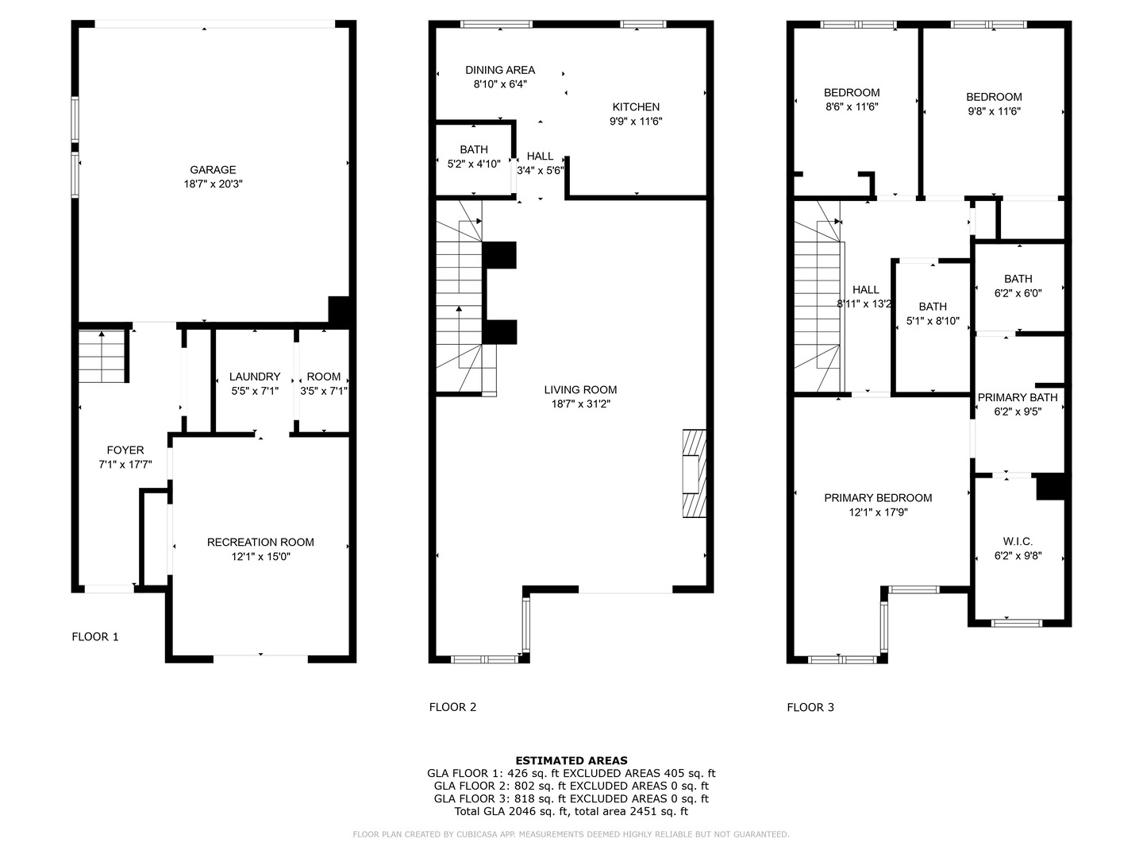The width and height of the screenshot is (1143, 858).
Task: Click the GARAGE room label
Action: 213,169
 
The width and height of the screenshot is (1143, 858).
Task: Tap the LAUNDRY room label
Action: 255,377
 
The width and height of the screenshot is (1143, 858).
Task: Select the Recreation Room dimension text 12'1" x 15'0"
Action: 260,557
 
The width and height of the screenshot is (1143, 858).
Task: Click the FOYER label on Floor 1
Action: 125,450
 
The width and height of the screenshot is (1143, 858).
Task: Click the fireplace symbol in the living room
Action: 693,473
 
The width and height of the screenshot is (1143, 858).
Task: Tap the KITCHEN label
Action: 636,106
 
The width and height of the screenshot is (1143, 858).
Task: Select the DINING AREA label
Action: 500,70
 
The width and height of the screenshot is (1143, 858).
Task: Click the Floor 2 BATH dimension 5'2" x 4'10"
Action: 474,164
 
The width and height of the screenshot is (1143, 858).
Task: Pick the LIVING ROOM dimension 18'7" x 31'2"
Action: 580,404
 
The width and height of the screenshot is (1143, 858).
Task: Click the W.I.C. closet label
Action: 1018,541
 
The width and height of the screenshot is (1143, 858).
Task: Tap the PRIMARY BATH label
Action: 1018,397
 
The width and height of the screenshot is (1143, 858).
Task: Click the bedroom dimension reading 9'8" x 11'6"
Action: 994,111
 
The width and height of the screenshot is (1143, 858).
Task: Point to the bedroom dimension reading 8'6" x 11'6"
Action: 852,106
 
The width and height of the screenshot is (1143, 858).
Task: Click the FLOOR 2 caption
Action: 452,707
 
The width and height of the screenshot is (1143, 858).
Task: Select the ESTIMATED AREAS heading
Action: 571,760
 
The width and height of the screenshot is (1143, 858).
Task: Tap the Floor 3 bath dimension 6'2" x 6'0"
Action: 1018,292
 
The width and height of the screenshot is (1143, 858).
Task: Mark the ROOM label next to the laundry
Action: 324,377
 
